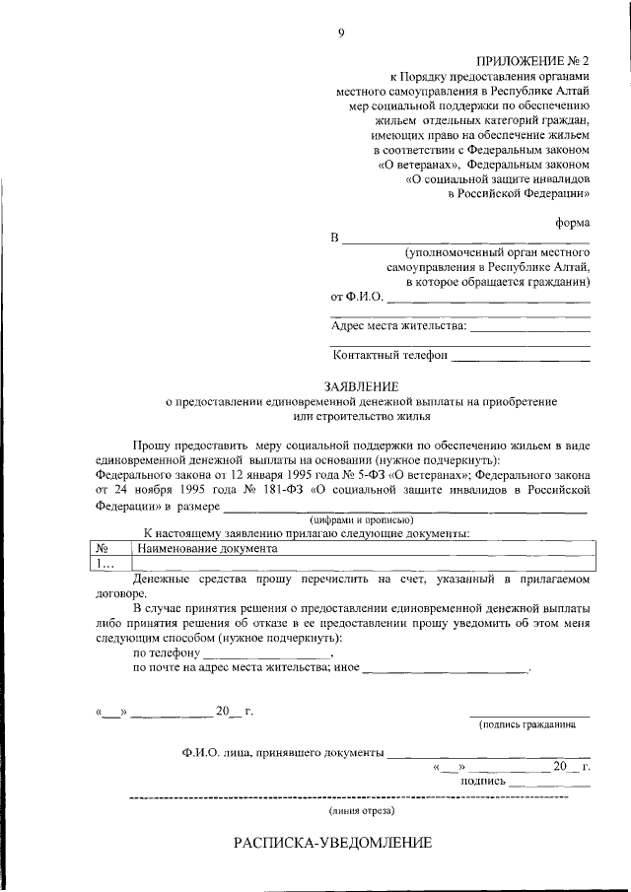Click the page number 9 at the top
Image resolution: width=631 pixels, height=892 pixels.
341,34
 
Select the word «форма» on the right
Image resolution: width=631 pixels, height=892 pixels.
573,222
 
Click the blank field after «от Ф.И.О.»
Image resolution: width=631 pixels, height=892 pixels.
488,299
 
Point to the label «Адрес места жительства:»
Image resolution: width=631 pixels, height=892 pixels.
399,326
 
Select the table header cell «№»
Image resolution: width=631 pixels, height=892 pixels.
104,548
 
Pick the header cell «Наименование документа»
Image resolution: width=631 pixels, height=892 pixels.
207,548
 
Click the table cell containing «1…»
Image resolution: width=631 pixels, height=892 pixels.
105,563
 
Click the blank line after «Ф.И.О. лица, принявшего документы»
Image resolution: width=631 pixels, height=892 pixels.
487,752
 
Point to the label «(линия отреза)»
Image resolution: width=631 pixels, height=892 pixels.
361,810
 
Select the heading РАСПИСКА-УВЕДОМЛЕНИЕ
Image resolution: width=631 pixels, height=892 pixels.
332,844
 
